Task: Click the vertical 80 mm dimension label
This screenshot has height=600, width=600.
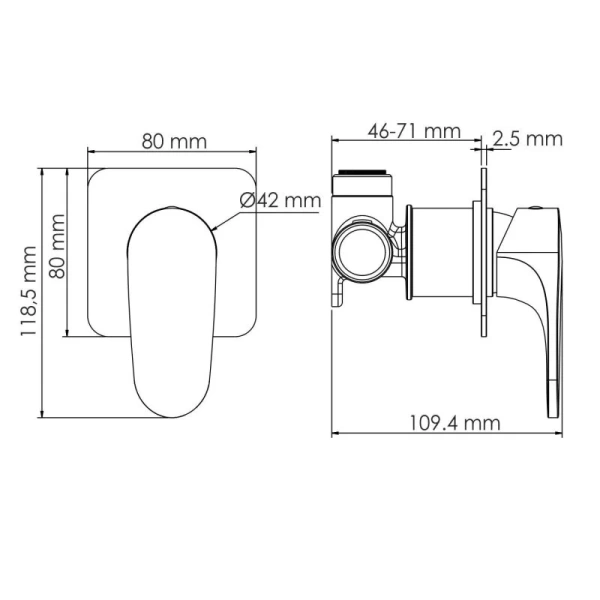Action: (57, 246)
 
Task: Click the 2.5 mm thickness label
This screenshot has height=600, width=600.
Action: (529, 139)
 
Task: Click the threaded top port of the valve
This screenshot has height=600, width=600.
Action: (364, 181)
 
